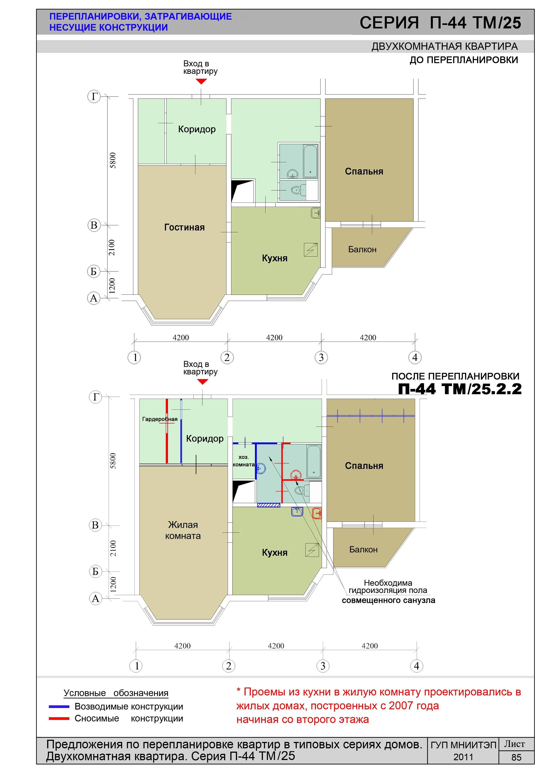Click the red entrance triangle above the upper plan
[x=201, y=81]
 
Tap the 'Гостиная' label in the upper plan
[x=184, y=227]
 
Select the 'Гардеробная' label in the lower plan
[x=160, y=419]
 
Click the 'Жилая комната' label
[x=183, y=530]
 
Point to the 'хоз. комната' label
[x=243, y=461]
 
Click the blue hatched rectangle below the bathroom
[x=268, y=505]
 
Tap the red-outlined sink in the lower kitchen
[x=317, y=513]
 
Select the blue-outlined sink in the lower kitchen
[x=297, y=512]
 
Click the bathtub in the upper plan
[x=310, y=161]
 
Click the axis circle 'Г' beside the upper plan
[x=94, y=97]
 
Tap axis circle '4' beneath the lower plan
[x=417, y=666]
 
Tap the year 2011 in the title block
[x=463, y=757]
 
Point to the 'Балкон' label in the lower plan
[x=363, y=549]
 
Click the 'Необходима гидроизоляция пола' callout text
[x=388, y=587]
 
